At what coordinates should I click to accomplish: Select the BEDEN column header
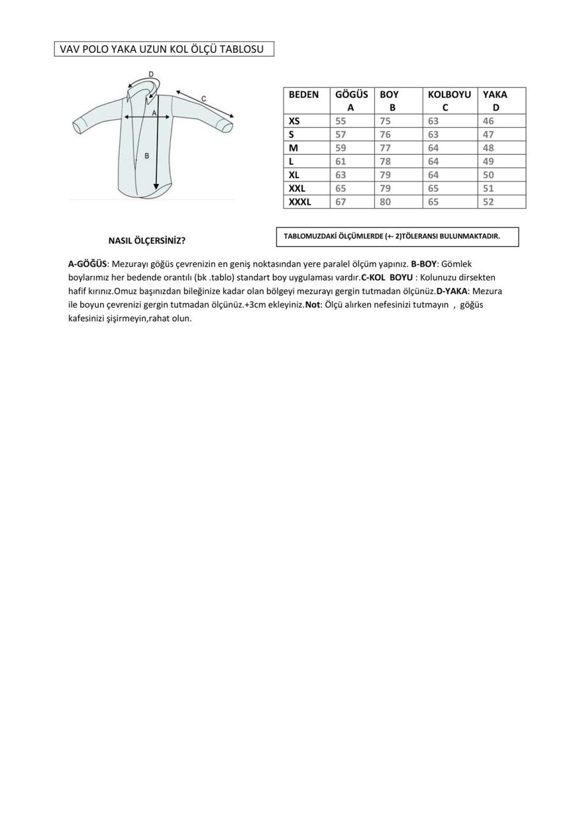click(303, 94)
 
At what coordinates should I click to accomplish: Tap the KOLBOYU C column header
click(449, 101)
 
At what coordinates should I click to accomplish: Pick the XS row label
click(294, 121)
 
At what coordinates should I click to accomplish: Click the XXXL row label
click(300, 202)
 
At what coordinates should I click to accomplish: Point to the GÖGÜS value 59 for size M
click(340, 148)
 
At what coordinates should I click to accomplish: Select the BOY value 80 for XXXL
click(385, 202)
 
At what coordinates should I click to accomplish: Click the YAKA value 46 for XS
click(488, 121)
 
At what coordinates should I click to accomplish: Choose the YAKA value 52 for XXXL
click(488, 202)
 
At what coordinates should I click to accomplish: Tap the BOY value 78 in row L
click(385, 162)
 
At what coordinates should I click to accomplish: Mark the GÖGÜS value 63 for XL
click(340, 175)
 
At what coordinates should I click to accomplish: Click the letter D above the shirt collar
click(151, 74)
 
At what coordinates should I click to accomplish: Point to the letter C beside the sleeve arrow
click(203, 99)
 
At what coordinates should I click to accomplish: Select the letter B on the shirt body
click(147, 155)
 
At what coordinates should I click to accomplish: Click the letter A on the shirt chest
click(154, 113)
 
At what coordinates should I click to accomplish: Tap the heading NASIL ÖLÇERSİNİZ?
click(147, 241)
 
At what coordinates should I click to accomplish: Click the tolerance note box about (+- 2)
click(397, 236)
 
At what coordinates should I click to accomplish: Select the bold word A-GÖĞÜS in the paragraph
click(87, 264)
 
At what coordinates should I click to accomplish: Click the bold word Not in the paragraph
click(312, 305)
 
